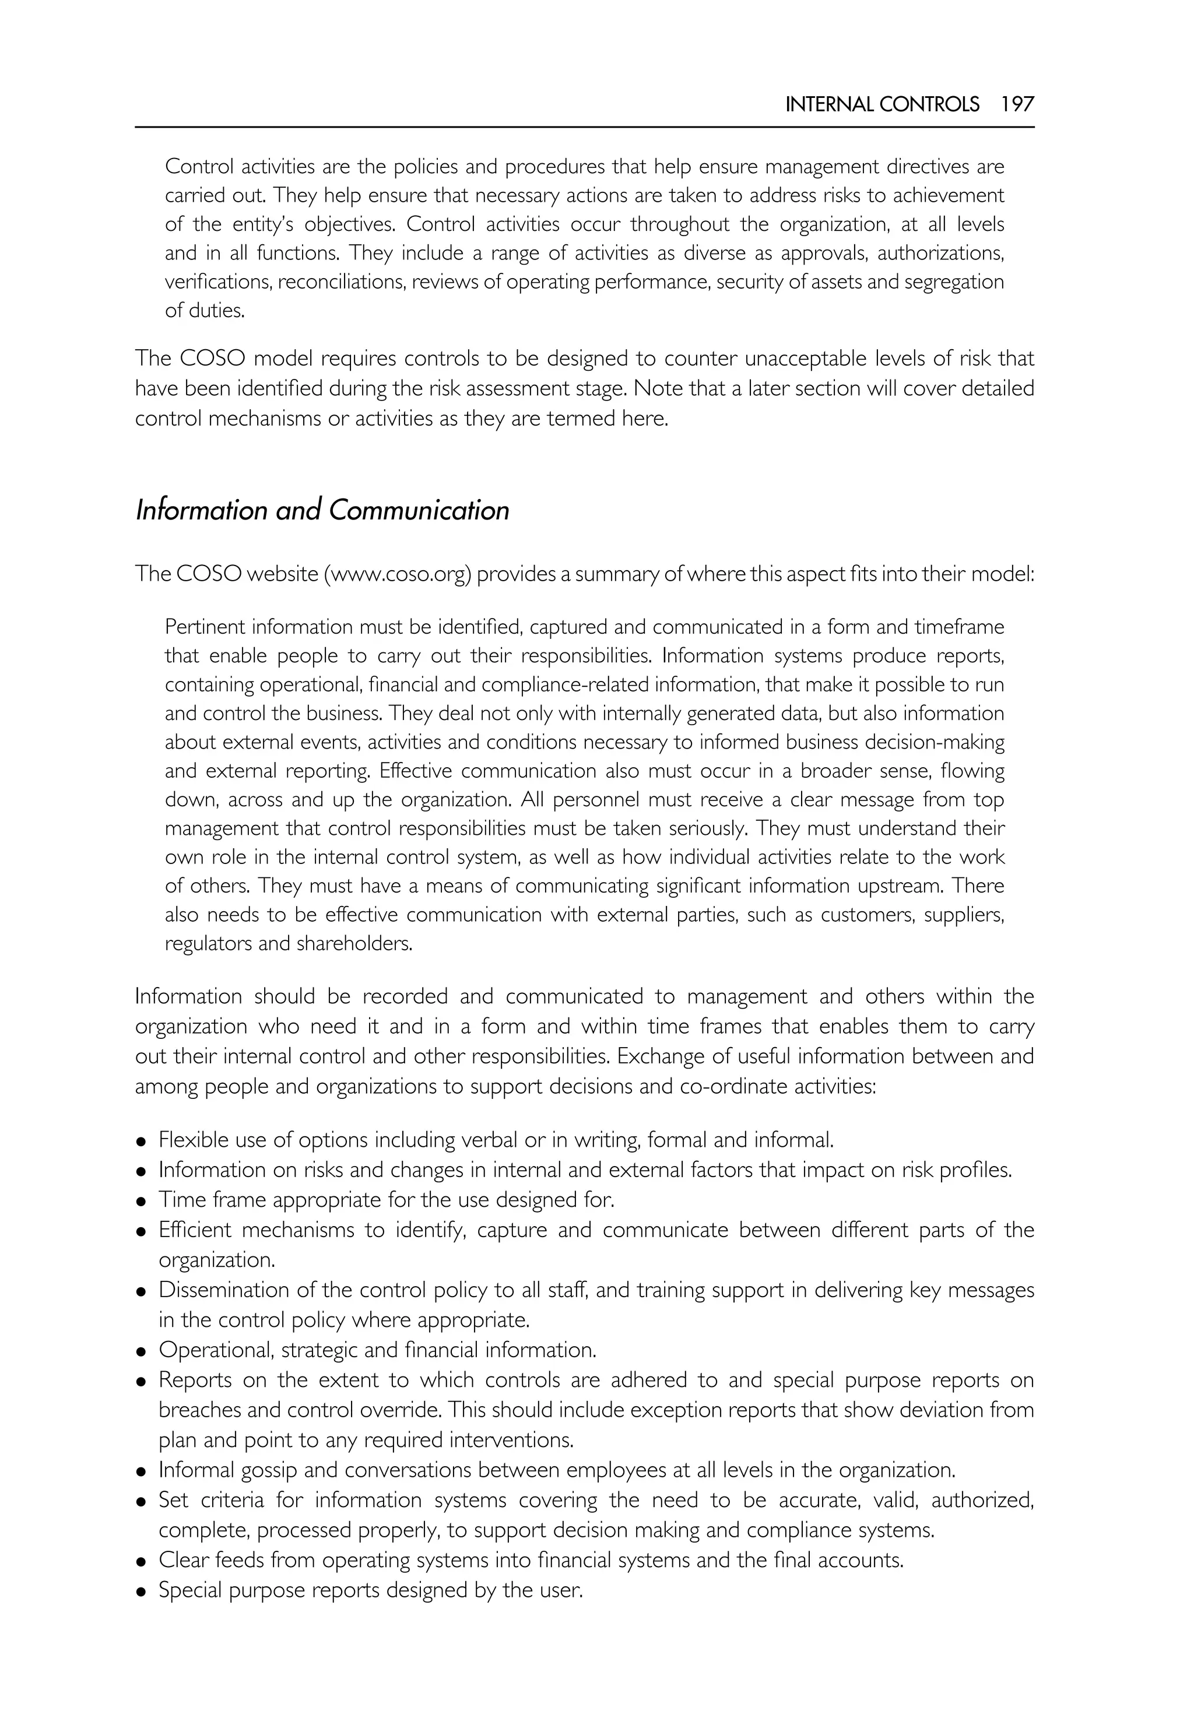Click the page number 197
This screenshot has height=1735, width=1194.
[x=1017, y=105]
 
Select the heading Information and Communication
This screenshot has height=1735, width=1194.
[x=322, y=510]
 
